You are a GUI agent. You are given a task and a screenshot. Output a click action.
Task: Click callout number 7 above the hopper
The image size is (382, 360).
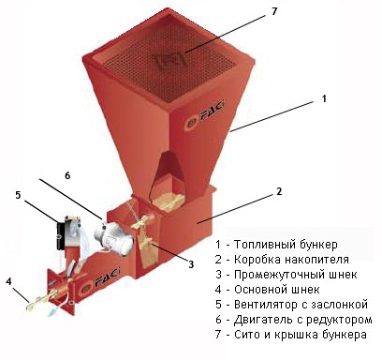pos(274,12)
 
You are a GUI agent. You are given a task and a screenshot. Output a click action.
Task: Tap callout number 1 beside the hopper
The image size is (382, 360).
pos(324,98)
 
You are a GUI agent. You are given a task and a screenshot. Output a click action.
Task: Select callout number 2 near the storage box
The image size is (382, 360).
pos(279,191)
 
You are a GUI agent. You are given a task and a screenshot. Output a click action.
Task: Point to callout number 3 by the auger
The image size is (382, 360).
pos(191,264)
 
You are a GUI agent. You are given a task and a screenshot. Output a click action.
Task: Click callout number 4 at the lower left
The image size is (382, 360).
pos(8,281)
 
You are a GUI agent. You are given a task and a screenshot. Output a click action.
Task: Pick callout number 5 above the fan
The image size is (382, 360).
pos(18,195)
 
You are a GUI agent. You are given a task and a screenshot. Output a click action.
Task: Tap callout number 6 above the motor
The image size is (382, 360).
pos(67,175)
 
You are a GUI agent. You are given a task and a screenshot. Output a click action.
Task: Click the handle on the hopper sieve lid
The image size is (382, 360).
pos(170,60)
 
